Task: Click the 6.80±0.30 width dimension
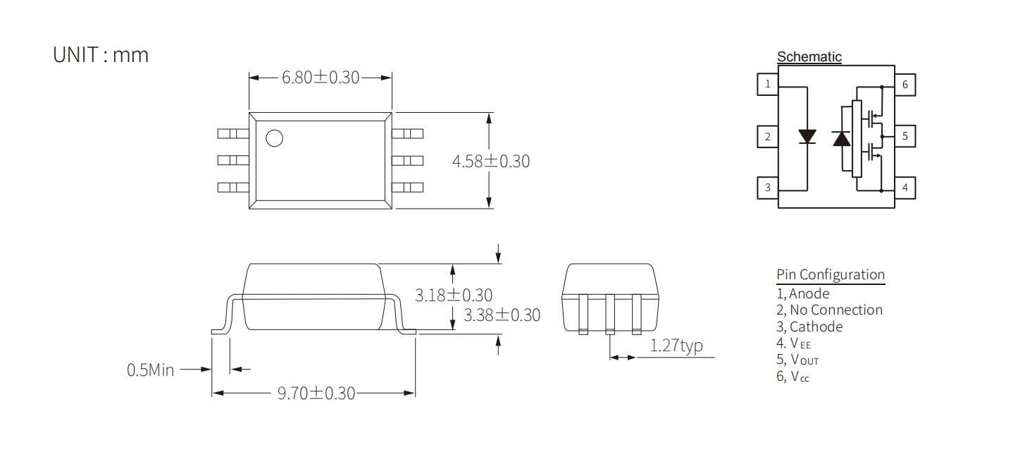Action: click(x=321, y=78)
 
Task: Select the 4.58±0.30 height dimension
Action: click(x=491, y=162)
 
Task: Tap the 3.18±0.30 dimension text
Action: click(x=454, y=295)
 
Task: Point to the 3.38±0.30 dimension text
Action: click(x=502, y=315)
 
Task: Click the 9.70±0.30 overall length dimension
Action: click(x=316, y=394)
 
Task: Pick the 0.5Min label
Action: click(x=151, y=370)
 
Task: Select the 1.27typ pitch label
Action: click(x=676, y=346)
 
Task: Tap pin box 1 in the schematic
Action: click(x=768, y=85)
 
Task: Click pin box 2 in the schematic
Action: click(x=768, y=137)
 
